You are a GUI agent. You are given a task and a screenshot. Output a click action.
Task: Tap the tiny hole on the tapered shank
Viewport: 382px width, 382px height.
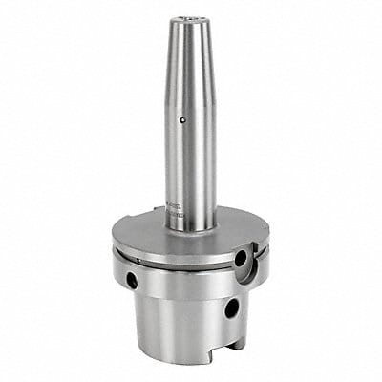(x=184, y=121)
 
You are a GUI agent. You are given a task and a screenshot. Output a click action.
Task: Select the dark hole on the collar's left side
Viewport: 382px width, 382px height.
(x=130, y=284)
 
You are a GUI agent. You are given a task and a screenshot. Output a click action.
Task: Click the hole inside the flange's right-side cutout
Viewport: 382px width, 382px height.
(x=240, y=259)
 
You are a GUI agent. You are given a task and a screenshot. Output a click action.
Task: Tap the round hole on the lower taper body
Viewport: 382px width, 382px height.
(x=231, y=308)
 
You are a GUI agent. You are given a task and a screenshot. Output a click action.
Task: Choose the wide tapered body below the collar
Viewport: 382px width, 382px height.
(x=181, y=325)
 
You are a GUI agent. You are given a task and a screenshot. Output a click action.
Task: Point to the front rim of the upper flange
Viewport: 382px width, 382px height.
(x=181, y=259)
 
